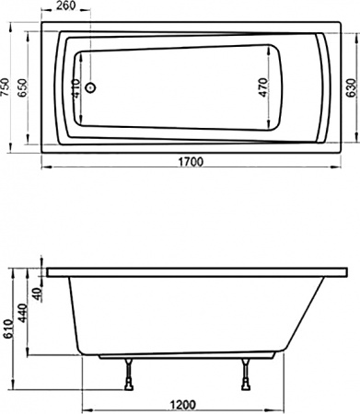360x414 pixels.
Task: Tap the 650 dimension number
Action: [26, 88]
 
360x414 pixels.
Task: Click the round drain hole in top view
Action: [90, 89]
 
